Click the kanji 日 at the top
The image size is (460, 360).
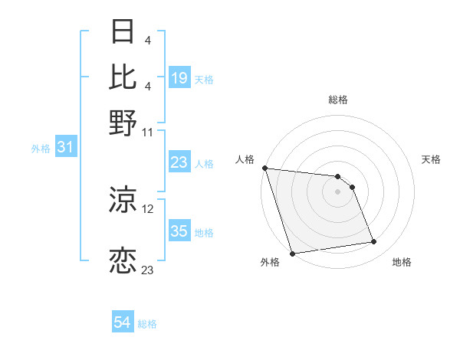[123, 32]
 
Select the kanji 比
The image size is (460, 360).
[123, 77]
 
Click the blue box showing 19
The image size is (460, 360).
[179, 78]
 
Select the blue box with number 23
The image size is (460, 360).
[179, 162]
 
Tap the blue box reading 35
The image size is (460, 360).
[179, 231]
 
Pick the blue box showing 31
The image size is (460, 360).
[65, 148]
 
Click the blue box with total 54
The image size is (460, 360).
[123, 322]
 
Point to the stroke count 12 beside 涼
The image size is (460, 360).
[148, 208]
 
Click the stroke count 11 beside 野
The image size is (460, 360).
[148, 132]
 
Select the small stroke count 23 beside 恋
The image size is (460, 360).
[148, 270]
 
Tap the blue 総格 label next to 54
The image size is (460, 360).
[148, 324]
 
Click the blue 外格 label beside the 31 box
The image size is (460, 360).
[41, 149]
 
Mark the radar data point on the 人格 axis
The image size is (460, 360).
[264, 168]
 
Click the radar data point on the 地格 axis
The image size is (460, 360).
[374, 242]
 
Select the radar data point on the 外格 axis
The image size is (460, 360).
[292, 254]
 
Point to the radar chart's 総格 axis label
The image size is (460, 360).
[337, 100]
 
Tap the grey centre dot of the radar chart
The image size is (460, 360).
[337, 191]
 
